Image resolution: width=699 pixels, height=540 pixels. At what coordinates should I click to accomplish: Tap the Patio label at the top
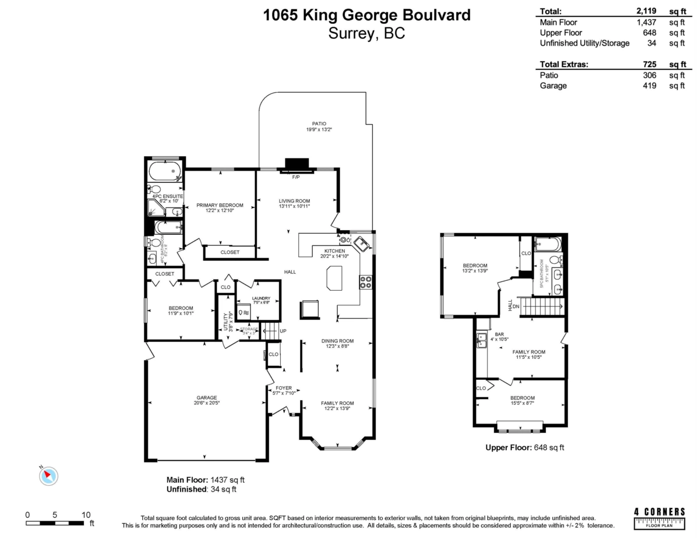click(x=319, y=123)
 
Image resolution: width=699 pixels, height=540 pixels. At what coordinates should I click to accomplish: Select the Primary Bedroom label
click(x=220, y=205)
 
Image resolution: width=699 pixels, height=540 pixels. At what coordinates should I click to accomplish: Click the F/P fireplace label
click(x=296, y=177)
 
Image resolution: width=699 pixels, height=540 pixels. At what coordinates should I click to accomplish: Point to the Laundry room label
click(x=261, y=298)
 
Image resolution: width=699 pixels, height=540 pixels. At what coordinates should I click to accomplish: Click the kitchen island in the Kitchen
click(x=335, y=277)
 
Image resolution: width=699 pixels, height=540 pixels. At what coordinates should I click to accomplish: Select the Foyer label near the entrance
click(x=284, y=388)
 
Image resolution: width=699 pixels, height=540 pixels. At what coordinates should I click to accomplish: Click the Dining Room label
click(x=338, y=341)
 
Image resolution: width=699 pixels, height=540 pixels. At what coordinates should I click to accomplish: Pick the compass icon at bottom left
click(x=49, y=475)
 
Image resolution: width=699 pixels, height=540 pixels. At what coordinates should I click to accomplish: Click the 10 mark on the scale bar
click(x=86, y=514)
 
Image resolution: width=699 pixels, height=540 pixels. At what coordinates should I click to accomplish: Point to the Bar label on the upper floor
click(x=499, y=334)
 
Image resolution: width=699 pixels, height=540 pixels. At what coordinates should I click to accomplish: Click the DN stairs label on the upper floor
click(x=516, y=306)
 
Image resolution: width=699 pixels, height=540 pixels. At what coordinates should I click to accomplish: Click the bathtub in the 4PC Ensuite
click(x=165, y=171)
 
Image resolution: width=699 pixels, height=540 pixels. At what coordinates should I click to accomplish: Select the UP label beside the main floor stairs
click(x=283, y=331)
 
